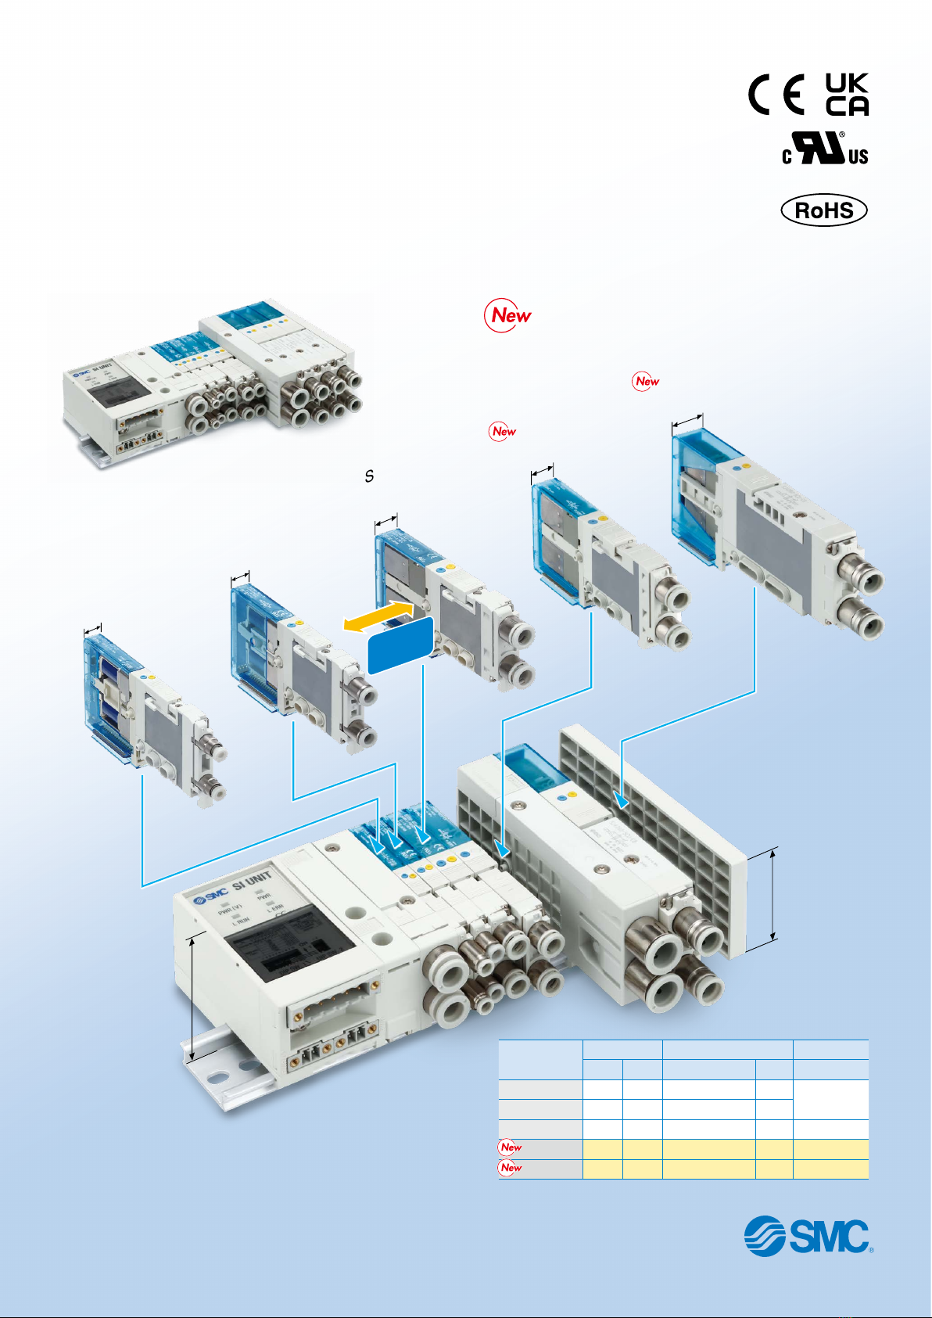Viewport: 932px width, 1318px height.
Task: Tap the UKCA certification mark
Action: (x=847, y=95)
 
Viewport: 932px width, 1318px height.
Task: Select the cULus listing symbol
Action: (x=825, y=149)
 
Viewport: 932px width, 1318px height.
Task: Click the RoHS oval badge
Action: (x=824, y=210)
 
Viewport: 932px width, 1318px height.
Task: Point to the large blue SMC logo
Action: (x=807, y=1236)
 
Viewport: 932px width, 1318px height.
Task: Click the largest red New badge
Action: (x=509, y=315)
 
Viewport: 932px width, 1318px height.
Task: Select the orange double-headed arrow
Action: (x=379, y=616)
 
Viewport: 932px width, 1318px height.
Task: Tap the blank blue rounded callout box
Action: (x=400, y=645)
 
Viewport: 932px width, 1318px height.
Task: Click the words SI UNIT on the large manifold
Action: (x=252, y=882)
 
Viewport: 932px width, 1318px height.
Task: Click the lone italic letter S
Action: (x=369, y=475)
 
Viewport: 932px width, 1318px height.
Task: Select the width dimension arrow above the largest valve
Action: (x=687, y=422)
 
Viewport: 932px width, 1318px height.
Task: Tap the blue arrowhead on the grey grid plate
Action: (x=621, y=800)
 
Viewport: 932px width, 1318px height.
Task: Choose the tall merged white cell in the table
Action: (x=830, y=1099)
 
